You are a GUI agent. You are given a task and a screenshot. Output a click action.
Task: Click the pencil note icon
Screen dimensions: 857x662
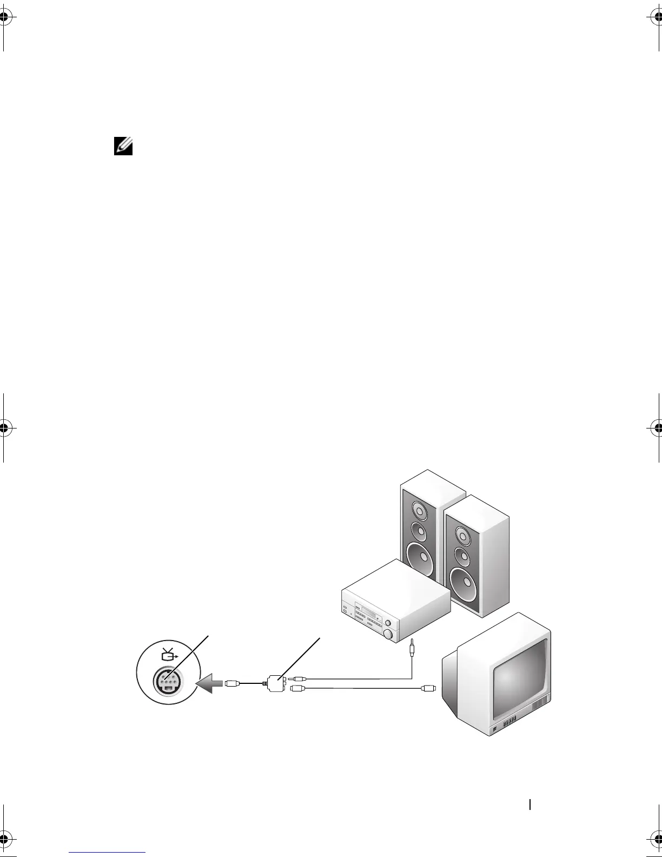point(123,146)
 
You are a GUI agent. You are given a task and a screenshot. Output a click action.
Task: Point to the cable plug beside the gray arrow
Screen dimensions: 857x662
point(232,683)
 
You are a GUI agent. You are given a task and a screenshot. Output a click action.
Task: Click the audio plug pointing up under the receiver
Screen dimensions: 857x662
point(412,648)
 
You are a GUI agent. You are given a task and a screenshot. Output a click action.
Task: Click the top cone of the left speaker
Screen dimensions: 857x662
point(419,511)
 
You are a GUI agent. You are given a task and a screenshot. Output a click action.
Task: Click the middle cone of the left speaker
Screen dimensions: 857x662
point(419,532)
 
